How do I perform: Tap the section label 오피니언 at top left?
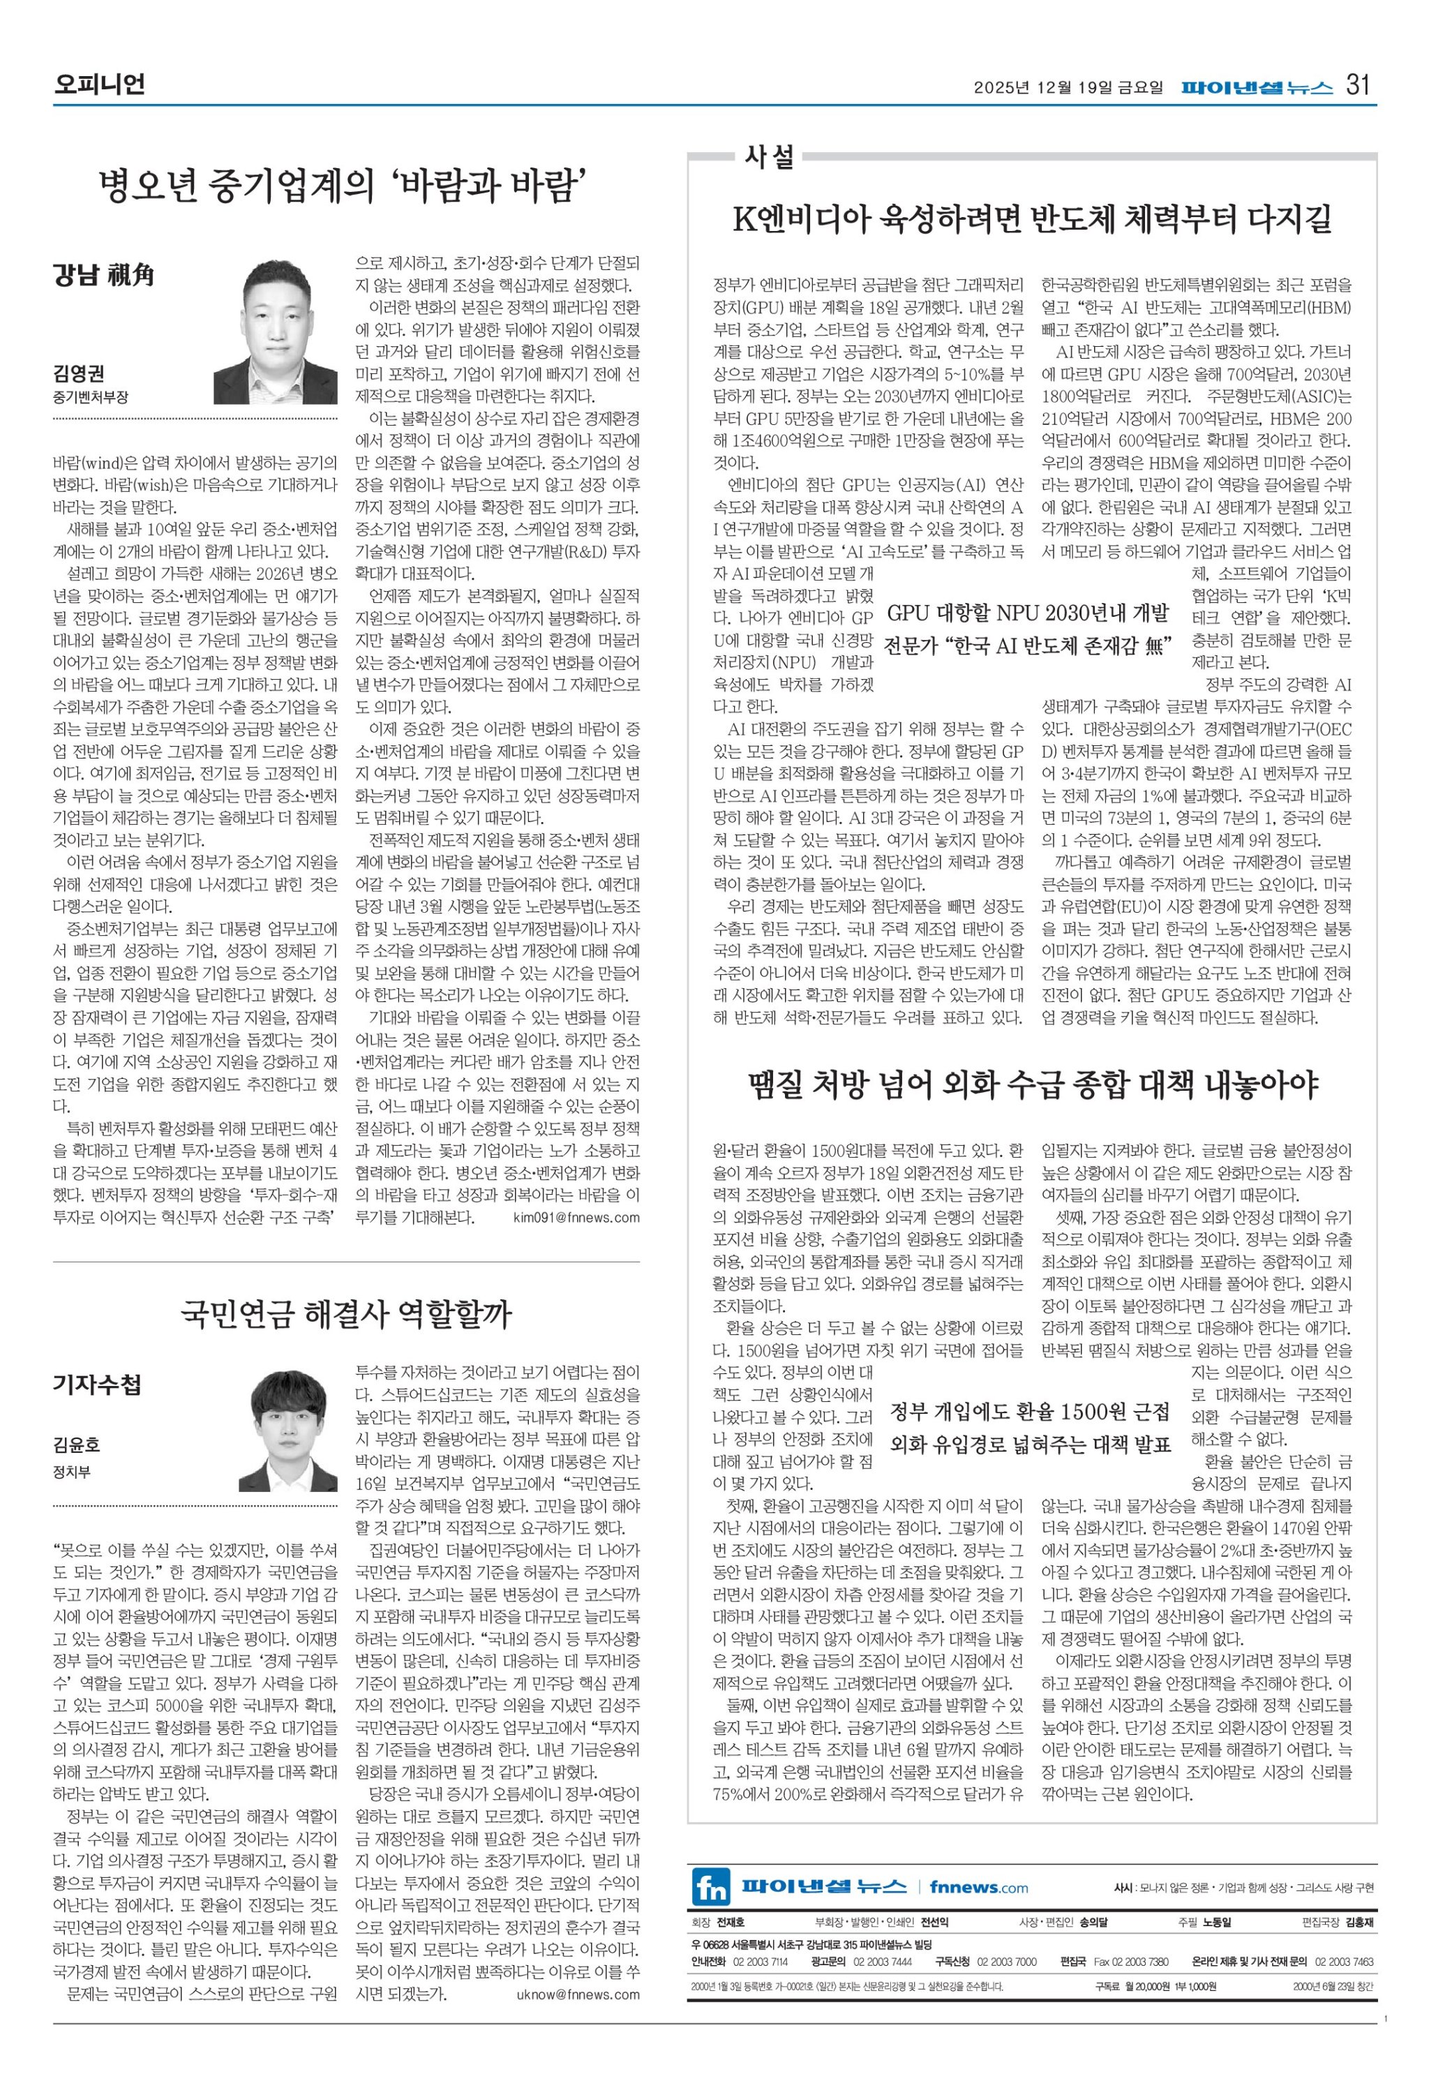(98, 86)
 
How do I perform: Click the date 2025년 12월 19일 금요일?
(1068, 88)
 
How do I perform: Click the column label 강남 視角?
(104, 275)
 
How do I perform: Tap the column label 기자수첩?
(97, 1385)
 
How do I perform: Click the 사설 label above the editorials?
(769, 158)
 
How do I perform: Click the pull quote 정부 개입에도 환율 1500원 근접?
(1030, 1412)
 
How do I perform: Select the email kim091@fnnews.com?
(576, 1217)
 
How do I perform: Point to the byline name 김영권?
(78, 376)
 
